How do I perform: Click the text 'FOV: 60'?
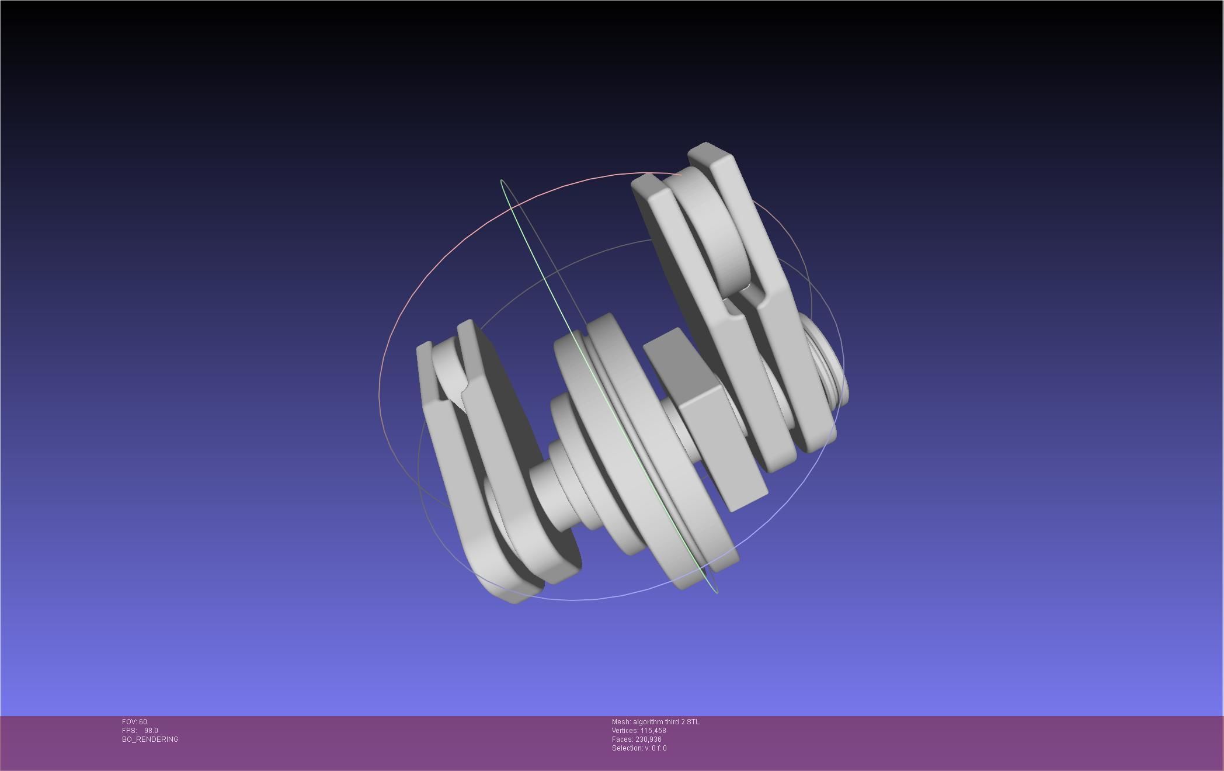click(134, 722)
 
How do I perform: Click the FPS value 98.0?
click(151, 731)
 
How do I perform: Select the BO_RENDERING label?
click(150, 739)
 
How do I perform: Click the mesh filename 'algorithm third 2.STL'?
click(666, 722)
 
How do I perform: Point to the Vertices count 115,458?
click(653, 731)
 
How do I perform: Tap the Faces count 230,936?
click(648, 739)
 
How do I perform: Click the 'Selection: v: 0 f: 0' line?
click(639, 748)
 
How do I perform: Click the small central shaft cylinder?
click(549, 496)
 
